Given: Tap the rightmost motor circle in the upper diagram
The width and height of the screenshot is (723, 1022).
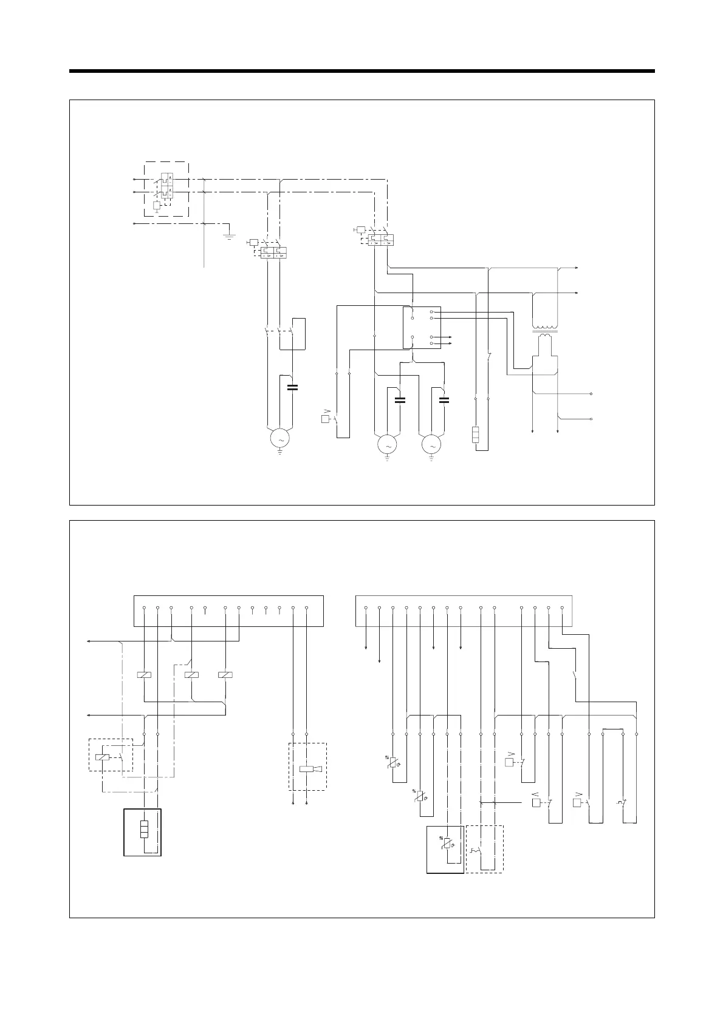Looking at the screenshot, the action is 432,445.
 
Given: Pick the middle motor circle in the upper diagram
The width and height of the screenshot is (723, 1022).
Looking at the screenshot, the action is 387,445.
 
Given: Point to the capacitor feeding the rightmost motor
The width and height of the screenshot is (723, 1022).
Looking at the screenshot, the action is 444,399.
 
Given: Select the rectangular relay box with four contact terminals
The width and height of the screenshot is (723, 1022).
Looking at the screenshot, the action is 422,328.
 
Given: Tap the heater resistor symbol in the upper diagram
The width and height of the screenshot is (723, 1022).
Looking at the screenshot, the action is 476,436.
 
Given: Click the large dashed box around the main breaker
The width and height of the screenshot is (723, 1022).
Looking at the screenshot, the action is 166,189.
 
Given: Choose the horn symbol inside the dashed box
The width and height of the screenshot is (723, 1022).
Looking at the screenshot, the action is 310,770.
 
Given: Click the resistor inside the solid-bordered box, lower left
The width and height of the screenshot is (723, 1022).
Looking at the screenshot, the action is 144,829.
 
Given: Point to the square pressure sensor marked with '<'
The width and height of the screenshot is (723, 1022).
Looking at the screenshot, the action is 536,803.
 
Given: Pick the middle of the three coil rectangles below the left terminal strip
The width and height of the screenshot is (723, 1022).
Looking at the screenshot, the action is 191,675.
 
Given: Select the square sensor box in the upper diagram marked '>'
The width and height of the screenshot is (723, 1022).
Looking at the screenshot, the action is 325,419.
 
